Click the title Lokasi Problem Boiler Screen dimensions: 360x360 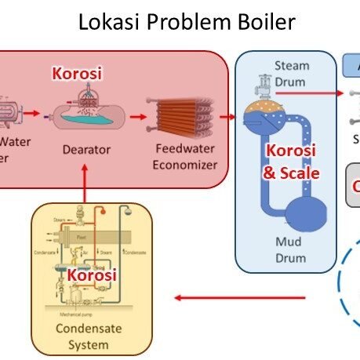[187, 22]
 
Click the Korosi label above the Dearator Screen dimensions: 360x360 [77, 74]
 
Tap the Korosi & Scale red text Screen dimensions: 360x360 [291, 162]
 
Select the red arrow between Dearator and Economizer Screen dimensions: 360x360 [138, 118]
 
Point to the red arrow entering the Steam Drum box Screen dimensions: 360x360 [228, 118]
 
